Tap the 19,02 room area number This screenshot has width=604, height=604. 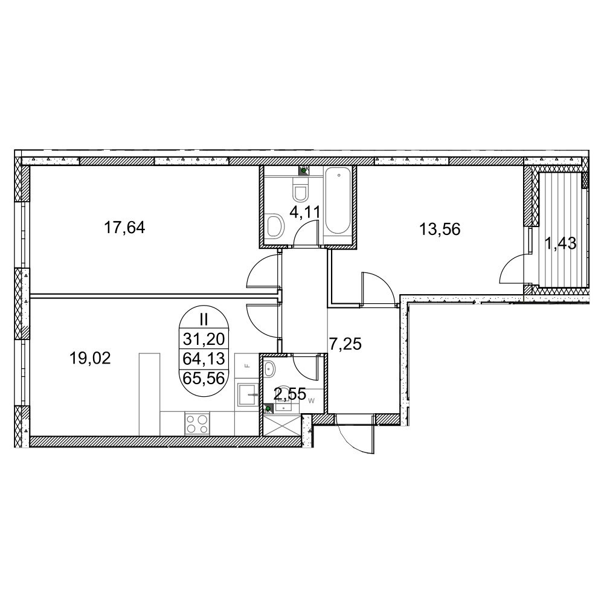tap(90, 358)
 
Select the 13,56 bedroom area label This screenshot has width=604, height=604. tap(440, 230)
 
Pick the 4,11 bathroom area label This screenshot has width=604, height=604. tap(305, 211)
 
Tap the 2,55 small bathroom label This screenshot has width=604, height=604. tap(290, 394)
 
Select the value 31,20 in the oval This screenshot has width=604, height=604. tap(204, 339)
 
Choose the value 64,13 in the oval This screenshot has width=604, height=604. tap(204, 359)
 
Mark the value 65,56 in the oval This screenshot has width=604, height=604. tap(204, 379)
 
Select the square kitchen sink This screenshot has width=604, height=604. tap(246, 394)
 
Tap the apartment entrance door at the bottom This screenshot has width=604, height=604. tap(355, 434)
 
